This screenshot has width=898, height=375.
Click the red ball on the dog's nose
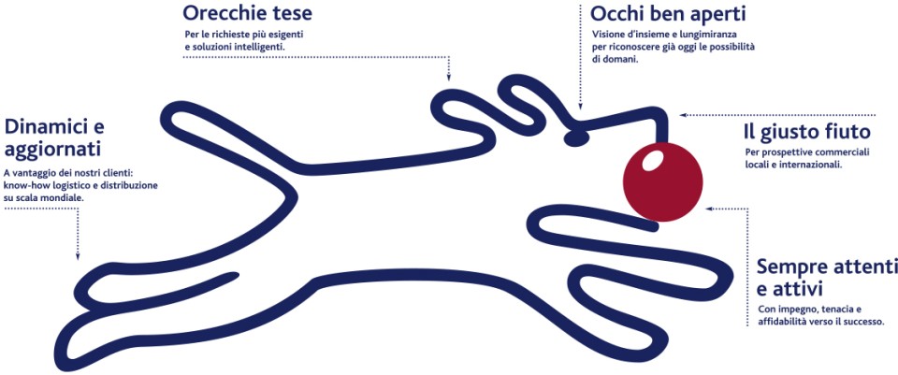[x=662, y=180]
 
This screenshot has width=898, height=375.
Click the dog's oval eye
[x=576, y=137]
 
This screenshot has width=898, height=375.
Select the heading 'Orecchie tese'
[x=247, y=12]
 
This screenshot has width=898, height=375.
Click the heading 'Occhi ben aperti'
[x=668, y=14]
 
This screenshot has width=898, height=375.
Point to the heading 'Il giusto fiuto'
[x=807, y=133]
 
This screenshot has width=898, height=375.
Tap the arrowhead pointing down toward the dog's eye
[x=580, y=106]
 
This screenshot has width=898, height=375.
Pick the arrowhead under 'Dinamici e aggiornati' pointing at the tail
[x=78, y=257]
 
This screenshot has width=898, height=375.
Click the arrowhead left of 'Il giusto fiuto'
[x=683, y=115]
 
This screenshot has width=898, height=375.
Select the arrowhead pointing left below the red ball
[x=709, y=209]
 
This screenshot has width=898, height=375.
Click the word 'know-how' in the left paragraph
[x=22, y=185]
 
